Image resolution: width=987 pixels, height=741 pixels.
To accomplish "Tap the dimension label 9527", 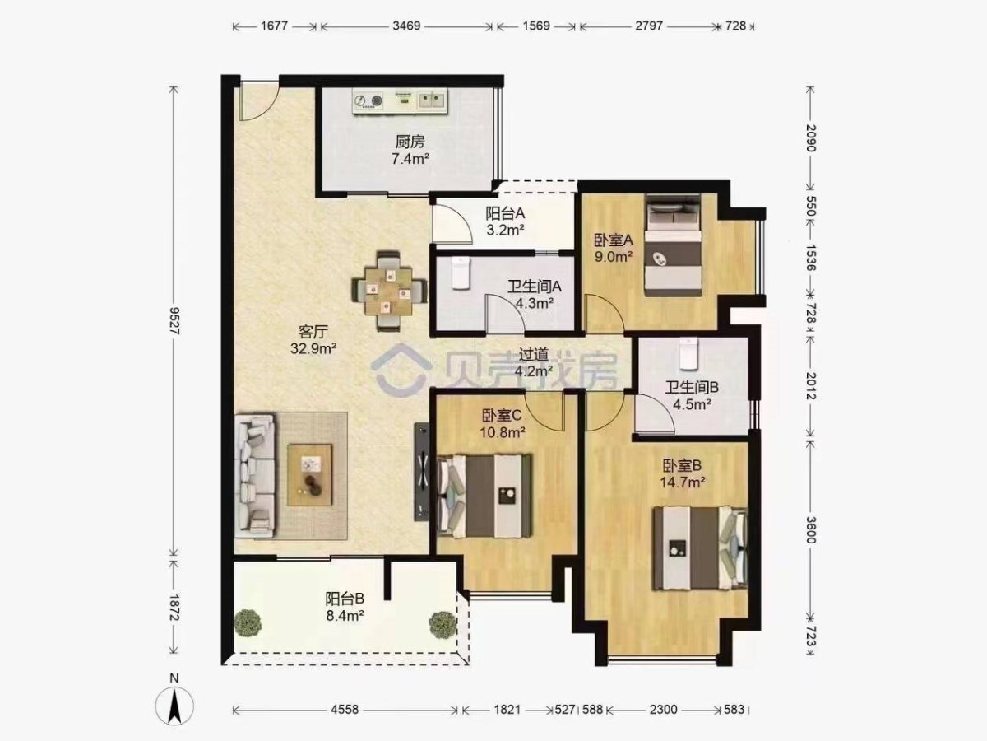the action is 174,321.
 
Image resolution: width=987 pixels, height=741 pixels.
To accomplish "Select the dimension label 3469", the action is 406,26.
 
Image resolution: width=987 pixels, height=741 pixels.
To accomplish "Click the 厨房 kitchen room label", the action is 410,142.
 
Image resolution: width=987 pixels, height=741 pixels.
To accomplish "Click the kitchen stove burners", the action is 368,101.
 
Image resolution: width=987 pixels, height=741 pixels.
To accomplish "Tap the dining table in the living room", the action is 389,291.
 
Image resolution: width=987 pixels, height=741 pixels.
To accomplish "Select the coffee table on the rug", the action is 310,475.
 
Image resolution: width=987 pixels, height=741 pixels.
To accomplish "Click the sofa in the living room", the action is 254,476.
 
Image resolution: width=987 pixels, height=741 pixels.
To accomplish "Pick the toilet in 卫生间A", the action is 460,273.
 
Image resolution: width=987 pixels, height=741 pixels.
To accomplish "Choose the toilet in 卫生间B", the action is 688,354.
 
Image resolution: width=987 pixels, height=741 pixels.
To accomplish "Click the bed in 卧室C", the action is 484,496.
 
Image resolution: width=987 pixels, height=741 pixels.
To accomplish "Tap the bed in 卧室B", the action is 700,548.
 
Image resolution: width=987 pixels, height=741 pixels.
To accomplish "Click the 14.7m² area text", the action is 682,482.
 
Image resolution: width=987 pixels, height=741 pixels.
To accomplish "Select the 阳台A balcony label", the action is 505,213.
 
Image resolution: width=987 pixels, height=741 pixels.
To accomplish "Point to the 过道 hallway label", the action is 533,355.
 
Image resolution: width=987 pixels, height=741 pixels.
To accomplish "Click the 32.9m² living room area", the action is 313,348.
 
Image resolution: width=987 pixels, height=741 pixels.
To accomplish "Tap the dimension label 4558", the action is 345,710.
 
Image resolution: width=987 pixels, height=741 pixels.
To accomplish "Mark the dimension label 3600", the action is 810,529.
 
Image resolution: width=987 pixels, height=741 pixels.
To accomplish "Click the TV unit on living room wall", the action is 422,472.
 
